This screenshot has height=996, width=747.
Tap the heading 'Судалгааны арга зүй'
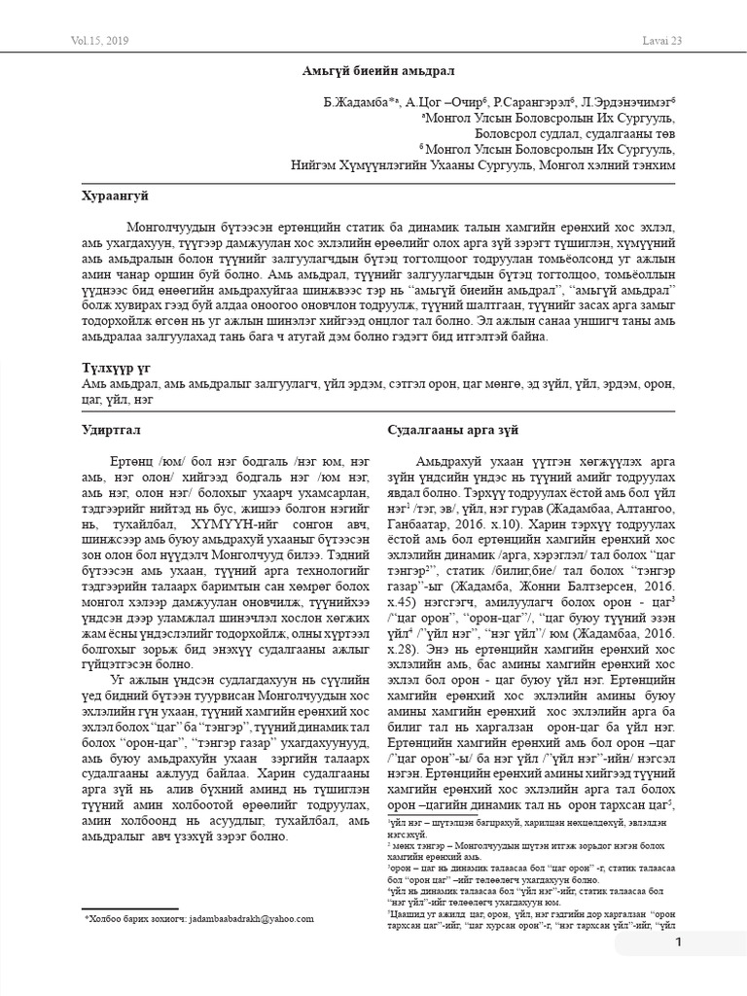pos(453,429)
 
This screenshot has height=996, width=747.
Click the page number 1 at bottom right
pos(679,943)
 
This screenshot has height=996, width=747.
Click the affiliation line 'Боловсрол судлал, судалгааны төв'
pos(575,133)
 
